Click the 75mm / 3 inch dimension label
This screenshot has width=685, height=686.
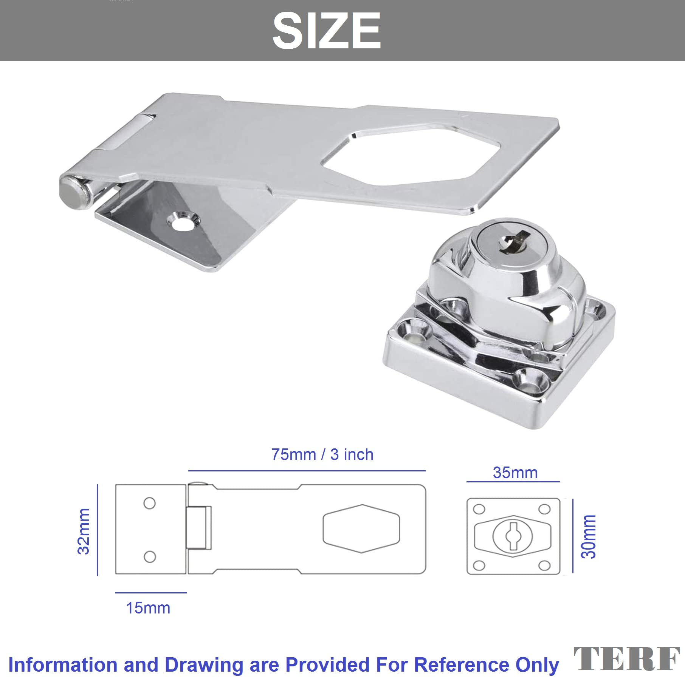point(322,454)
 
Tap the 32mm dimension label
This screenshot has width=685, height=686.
point(84,531)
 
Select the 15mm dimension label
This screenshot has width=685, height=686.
point(148,608)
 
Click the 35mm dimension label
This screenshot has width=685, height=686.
point(515,473)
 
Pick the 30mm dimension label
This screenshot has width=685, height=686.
point(589,536)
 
